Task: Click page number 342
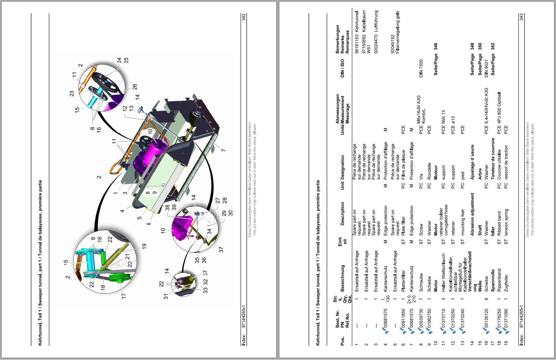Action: [x=244, y=17]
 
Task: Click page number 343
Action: [x=521, y=17]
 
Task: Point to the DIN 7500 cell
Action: [x=421, y=68]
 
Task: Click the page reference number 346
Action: [x=435, y=47]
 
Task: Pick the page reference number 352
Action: [x=492, y=47]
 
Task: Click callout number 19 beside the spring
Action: [x=144, y=246]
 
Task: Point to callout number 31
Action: [x=166, y=297]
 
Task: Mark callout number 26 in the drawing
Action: [x=134, y=87]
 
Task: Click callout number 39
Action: [x=174, y=207]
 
